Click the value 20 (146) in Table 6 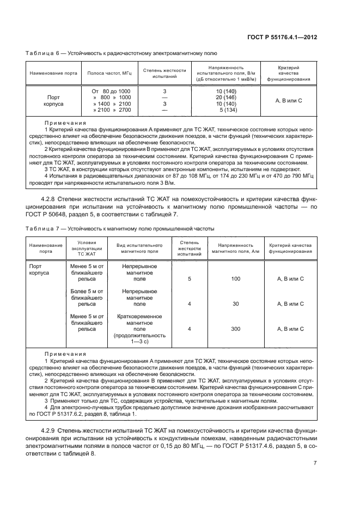pyautogui.click(x=227, y=96)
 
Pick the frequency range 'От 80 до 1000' pyautogui.click(x=111, y=90)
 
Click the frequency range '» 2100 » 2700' pyautogui.click(x=112, y=110)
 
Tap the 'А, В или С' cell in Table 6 pyautogui.click(x=289, y=100)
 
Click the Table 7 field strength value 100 pyautogui.click(x=235, y=278)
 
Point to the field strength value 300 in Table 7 pyautogui.click(x=235, y=329)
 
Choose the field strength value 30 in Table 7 pyautogui.click(x=235, y=303)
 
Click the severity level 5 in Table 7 pyautogui.click(x=190, y=278)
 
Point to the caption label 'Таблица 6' pyautogui.click(x=40, y=53)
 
